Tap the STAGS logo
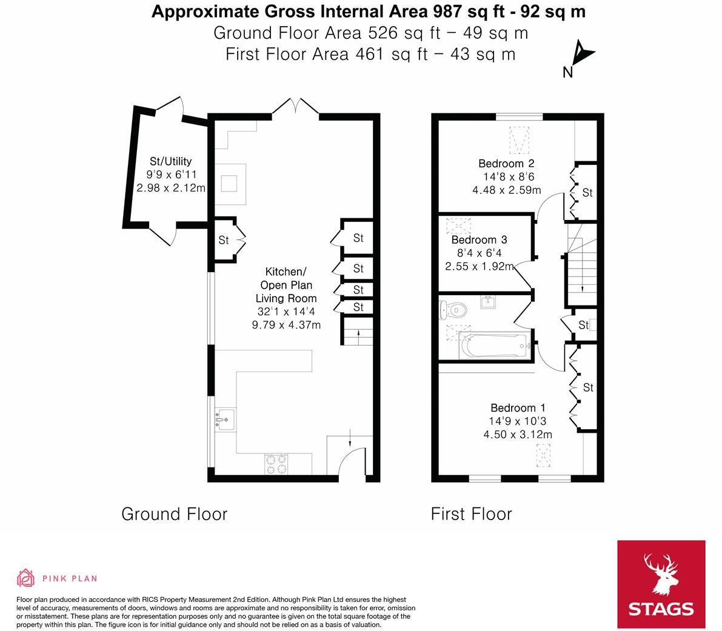[x=661, y=584]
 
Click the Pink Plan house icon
[x=26, y=578]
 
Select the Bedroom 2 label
[x=507, y=164]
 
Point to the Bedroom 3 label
[x=480, y=240]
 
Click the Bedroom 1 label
[x=518, y=408]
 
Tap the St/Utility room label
[x=170, y=161]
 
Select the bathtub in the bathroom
[x=495, y=346]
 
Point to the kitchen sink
[x=225, y=419]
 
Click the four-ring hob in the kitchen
[x=276, y=464]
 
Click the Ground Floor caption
[x=175, y=514]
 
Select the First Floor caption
[x=471, y=514]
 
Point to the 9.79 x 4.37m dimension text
[x=286, y=325]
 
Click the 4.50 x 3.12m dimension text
[x=518, y=435]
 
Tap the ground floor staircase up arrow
[x=358, y=334]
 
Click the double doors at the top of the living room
[x=296, y=107]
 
